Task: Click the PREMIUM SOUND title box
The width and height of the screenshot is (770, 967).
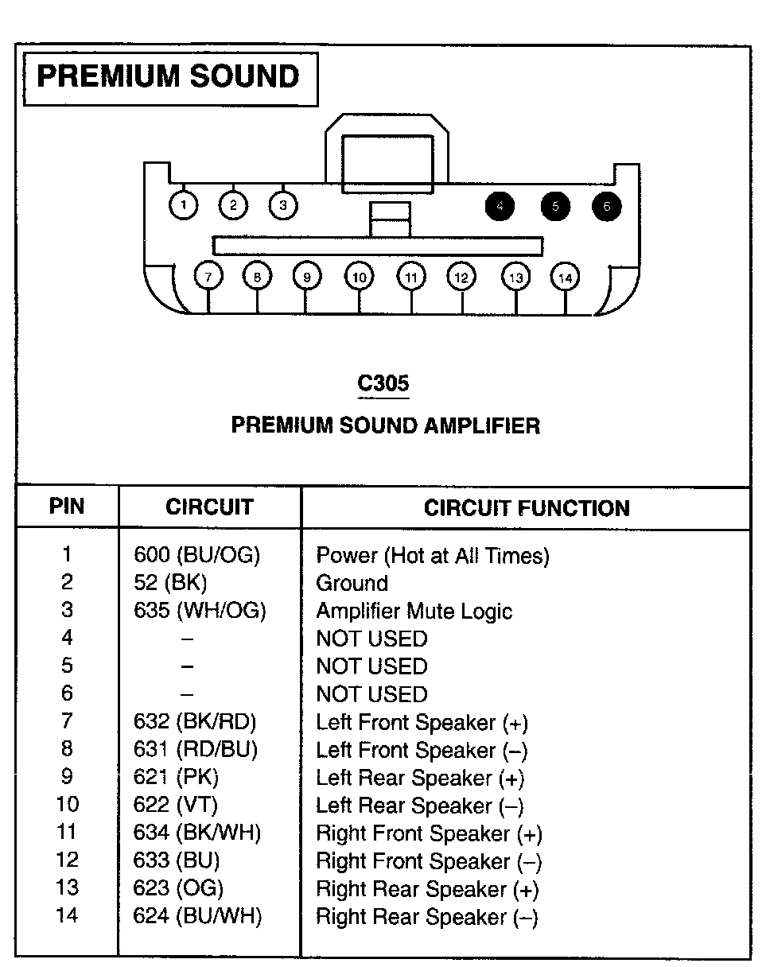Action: pyautogui.click(x=169, y=78)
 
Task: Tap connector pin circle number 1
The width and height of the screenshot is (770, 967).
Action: pyautogui.click(x=184, y=206)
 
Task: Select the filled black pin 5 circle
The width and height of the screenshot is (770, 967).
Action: pyautogui.click(x=555, y=207)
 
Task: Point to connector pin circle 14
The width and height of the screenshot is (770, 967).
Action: pyautogui.click(x=565, y=278)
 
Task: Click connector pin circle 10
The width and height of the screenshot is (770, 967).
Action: pyautogui.click(x=359, y=278)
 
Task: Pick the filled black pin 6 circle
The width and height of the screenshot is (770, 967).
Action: pyautogui.click(x=606, y=207)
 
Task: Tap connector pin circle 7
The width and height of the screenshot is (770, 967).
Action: pyautogui.click(x=208, y=278)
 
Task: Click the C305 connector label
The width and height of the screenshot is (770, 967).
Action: pyautogui.click(x=383, y=383)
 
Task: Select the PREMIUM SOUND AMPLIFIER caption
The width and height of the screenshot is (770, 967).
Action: pyautogui.click(x=385, y=425)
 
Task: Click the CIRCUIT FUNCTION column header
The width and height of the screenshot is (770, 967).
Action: pyautogui.click(x=527, y=508)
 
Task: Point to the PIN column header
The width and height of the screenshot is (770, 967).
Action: pyautogui.click(x=67, y=507)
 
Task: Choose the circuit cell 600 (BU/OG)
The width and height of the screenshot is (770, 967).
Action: pyautogui.click(x=197, y=555)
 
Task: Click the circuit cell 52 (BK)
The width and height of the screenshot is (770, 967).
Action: pyautogui.click(x=170, y=583)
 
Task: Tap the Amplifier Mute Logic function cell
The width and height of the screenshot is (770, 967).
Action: pyautogui.click(x=414, y=611)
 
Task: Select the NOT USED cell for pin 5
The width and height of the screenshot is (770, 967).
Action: pyautogui.click(x=371, y=666)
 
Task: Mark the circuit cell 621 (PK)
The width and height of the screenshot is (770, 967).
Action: pyautogui.click(x=176, y=778)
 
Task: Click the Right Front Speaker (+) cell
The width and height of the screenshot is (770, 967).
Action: pyautogui.click(x=429, y=833)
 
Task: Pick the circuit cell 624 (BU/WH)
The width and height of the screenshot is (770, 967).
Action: pyautogui.click(x=198, y=916)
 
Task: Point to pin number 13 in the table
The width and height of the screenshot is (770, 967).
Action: pyautogui.click(x=67, y=888)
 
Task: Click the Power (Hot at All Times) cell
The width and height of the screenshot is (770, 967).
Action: pyautogui.click(x=433, y=555)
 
